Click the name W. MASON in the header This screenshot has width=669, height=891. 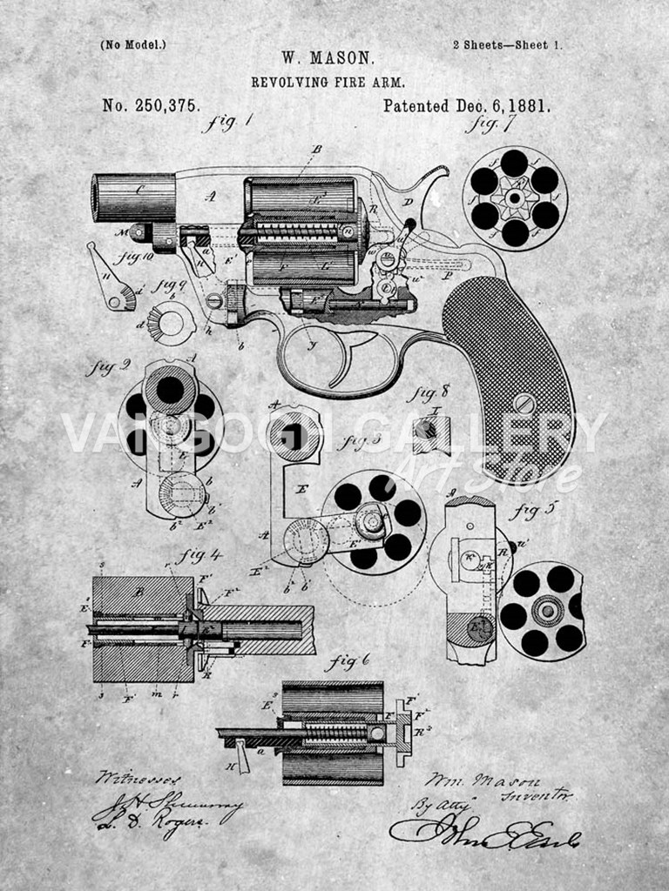328,58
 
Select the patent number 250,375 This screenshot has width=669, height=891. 151,105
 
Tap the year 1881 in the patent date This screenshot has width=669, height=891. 524,106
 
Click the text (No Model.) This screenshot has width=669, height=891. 132,44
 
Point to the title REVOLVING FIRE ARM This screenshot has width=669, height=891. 328,82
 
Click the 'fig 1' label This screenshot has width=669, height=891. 227,123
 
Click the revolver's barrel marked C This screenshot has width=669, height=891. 134,198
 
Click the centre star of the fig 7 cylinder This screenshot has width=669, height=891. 514,198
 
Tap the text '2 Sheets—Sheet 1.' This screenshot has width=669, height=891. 507,44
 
